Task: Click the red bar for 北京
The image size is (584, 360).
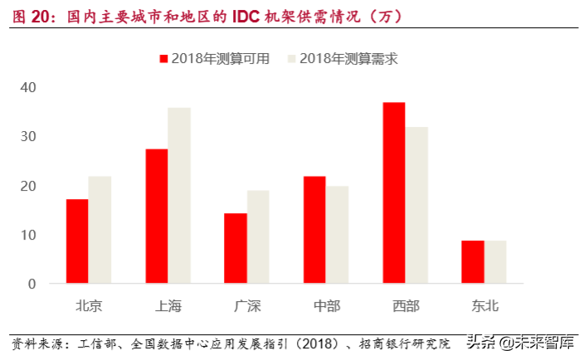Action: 77,241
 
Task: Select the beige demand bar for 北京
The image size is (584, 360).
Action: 100,230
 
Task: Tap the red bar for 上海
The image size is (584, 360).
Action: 156,216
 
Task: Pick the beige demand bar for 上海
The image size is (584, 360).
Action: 178,196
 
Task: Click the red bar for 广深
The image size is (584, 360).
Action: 236,248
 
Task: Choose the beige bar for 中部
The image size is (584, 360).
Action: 337,235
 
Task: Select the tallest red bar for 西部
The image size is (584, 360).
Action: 394,192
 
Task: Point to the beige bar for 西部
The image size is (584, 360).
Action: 416,205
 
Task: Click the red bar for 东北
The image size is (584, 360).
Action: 473,262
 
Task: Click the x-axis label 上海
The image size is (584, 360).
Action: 168,306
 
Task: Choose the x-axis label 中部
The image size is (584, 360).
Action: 326,306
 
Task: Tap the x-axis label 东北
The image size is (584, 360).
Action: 484,306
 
